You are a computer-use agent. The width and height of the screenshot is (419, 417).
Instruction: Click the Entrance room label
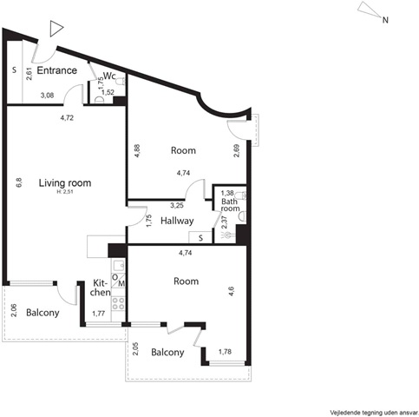(57, 70)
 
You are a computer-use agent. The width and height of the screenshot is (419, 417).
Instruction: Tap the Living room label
(65, 183)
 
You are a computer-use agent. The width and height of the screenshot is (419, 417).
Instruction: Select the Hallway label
(177, 221)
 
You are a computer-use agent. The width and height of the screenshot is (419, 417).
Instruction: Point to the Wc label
(109, 76)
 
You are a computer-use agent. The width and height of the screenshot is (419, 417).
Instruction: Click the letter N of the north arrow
(385, 20)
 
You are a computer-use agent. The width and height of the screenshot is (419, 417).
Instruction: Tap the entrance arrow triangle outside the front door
(56, 29)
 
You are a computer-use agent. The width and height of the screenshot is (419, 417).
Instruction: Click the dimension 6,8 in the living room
(19, 182)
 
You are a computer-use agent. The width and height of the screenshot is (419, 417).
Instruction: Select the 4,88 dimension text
(138, 150)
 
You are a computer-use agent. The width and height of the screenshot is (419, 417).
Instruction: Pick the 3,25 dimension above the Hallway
(177, 206)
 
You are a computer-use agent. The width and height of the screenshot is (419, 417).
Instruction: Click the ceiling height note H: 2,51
(65, 191)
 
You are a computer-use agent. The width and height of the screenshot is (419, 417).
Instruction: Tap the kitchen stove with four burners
(118, 303)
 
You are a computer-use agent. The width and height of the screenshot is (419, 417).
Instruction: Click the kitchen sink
(118, 265)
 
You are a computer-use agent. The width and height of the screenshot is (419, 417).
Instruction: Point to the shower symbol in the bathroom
(228, 235)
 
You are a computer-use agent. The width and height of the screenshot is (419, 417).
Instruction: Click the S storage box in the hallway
(200, 237)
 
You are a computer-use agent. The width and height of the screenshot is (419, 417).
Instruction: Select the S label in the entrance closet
(14, 70)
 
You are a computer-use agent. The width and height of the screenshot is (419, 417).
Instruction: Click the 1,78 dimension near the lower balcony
(225, 352)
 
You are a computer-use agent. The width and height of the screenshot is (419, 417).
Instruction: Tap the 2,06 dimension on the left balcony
(14, 310)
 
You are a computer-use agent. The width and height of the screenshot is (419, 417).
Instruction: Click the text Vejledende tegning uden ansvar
(374, 412)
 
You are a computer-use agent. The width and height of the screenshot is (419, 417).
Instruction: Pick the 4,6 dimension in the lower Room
(232, 291)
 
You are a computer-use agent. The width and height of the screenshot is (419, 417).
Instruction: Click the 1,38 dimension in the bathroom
(227, 193)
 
